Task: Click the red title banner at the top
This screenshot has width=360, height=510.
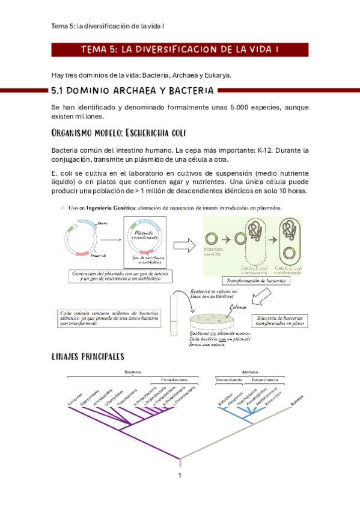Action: click(x=180, y=49)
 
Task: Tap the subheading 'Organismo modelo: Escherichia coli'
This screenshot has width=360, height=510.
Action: click(x=120, y=132)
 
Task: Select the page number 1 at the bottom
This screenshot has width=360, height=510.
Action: click(x=180, y=476)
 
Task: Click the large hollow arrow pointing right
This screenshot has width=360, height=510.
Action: click(x=180, y=246)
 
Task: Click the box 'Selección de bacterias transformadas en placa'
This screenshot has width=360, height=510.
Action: click(x=279, y=321)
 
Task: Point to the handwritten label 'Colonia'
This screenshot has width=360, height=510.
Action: click(x=239, y=306)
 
